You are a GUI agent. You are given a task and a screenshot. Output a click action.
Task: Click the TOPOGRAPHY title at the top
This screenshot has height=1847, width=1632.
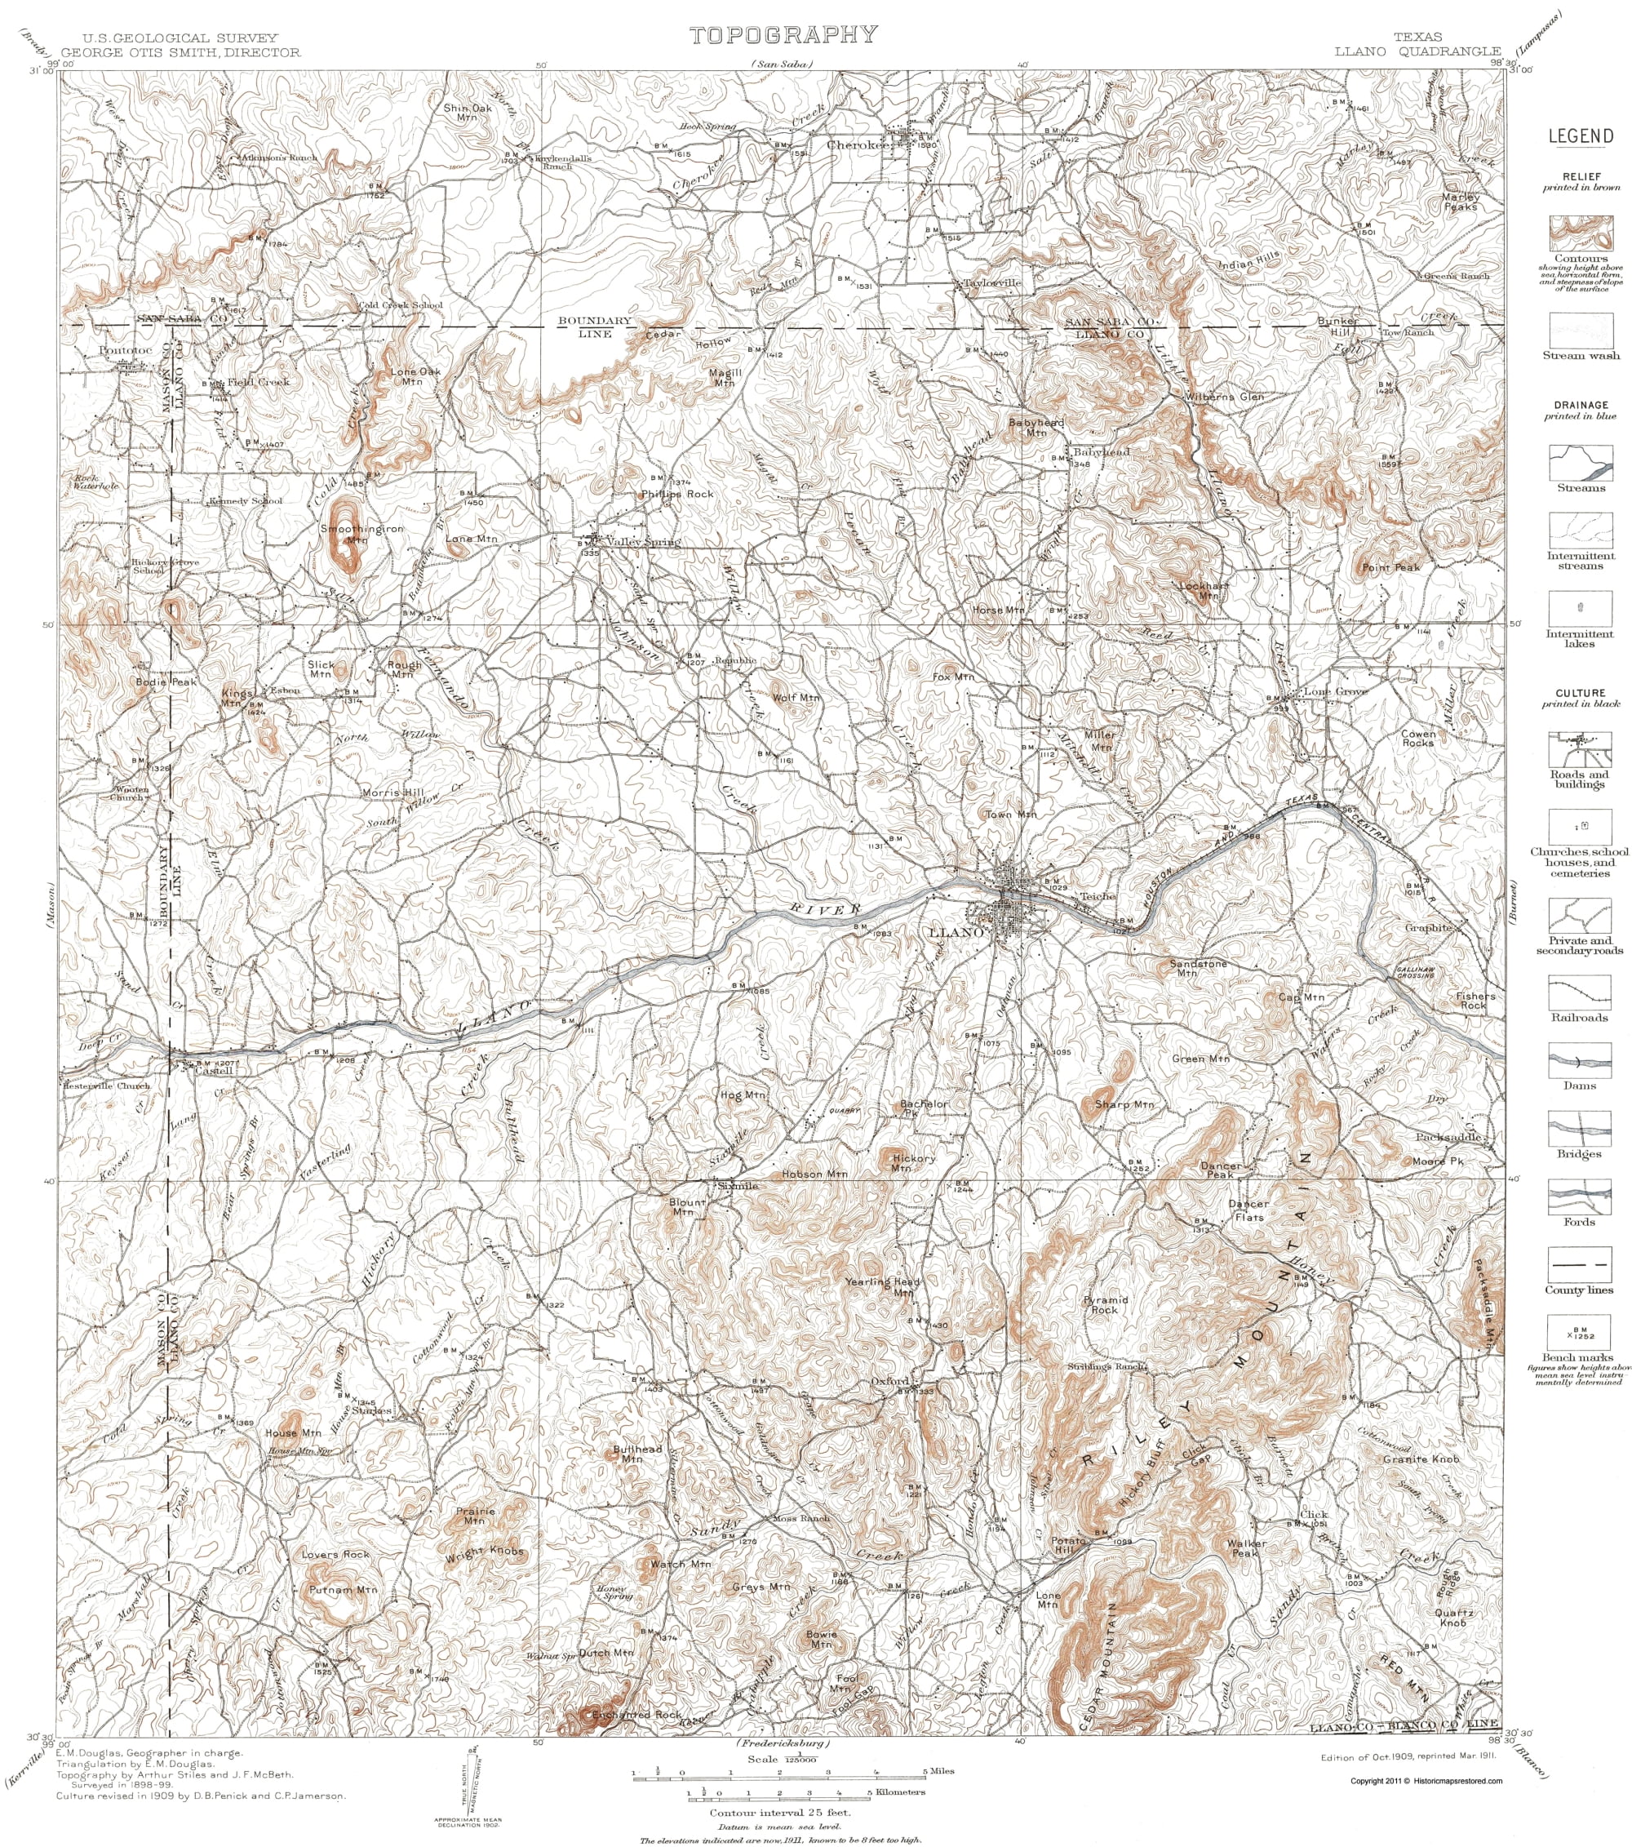[x=783, y=35]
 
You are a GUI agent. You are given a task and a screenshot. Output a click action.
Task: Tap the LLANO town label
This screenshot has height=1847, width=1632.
[x=956, y=931]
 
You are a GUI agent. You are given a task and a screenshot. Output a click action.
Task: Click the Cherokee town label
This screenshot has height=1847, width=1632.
[x=858, y=144]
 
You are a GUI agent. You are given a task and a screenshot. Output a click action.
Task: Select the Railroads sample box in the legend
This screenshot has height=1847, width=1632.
[x=1580, y=992]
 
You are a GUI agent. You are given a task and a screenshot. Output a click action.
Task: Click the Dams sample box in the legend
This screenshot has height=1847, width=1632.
[x=1580, y=1059]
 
